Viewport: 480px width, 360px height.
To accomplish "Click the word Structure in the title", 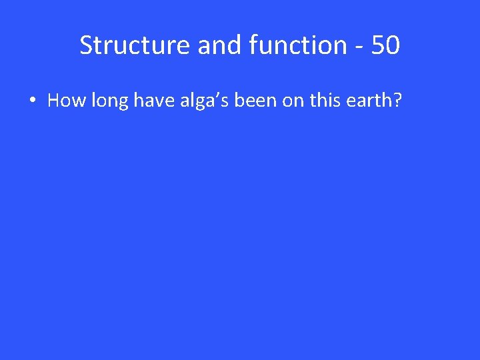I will pyautogui.click(x=135, y=45).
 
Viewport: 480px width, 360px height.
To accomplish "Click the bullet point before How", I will pyautogui.click(x=31, y=101).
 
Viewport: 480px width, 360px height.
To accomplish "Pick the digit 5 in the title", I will pyautogui.click(x=377, y=45).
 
